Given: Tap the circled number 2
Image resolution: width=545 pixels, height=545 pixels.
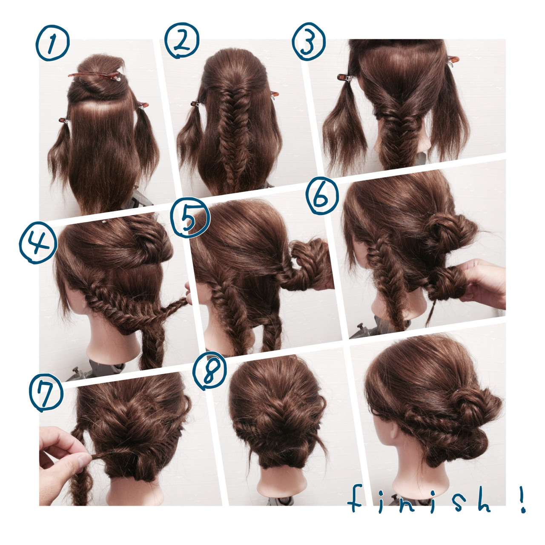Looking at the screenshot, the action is coord(182,40).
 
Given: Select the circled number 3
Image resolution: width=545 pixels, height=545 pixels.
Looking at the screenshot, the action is coord(309,42).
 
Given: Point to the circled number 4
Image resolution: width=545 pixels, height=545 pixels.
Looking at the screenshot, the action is coord(38,243).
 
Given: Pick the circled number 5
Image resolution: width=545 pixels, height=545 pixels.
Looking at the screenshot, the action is coord(190,217).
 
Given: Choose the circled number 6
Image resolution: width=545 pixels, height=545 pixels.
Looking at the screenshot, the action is coord(322,196).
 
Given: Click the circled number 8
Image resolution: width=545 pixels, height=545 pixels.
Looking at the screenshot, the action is coord(209,372).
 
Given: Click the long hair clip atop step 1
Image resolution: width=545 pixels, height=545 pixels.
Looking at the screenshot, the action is coord(95,75).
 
